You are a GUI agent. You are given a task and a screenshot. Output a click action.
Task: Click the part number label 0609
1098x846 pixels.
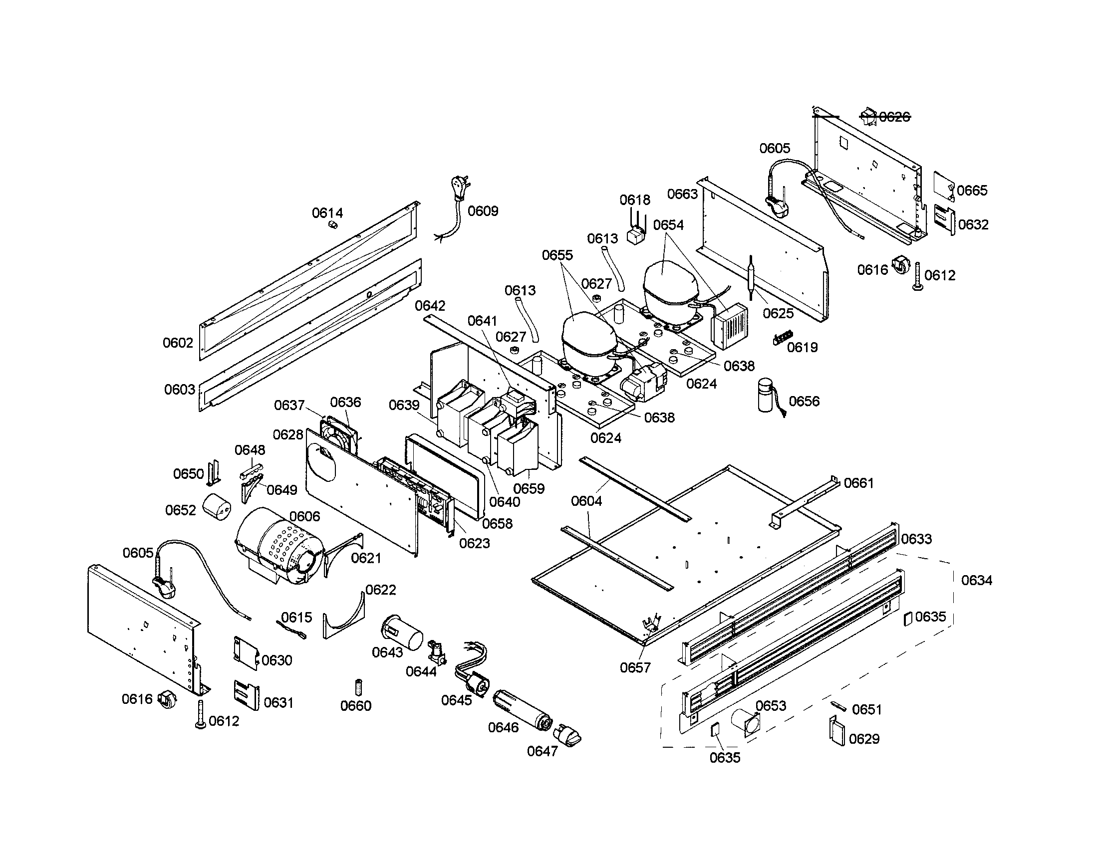click(x=483, y=211)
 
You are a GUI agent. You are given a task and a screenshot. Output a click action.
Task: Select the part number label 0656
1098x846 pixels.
click(x=804, y=401)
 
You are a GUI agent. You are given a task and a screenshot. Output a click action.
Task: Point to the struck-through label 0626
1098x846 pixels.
click(x=894, y=117)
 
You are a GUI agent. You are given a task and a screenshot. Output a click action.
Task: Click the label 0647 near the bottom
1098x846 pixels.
click(x=542, y=751)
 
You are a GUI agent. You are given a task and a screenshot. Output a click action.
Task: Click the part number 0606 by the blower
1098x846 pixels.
click(x=304, y=516)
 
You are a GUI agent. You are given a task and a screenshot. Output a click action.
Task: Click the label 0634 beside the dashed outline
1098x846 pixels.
click(x=976, y=581)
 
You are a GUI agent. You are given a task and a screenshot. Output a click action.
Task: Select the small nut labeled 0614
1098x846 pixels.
click(x=331, y=224)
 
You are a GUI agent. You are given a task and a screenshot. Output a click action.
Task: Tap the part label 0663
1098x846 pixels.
click(x=682, y=194)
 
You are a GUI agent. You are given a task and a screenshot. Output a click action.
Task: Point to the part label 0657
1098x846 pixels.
click(x=635, y=667)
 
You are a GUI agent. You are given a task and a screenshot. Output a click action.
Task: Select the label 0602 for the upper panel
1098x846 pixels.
click(x=178, y=343)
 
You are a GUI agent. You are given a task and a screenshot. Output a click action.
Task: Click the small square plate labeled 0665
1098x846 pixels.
click(x=944, y=184)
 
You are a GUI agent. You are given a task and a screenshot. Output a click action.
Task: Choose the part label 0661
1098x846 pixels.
click(x=859, y=483)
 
